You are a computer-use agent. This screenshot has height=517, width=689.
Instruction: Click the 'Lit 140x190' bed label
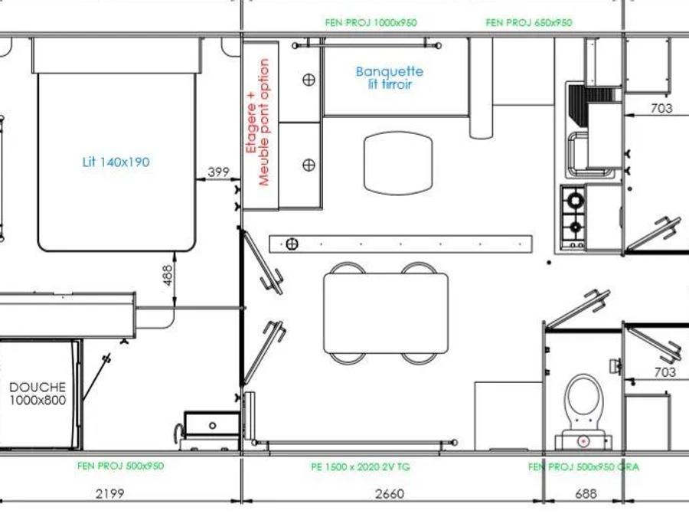point(116,162)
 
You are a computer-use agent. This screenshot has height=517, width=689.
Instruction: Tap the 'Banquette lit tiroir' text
point(390,78)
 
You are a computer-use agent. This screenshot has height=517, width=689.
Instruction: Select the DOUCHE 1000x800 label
point(38,394)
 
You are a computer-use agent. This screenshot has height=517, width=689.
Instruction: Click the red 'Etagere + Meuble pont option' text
point(258,123)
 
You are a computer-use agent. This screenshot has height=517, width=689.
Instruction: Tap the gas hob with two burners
point(573,218)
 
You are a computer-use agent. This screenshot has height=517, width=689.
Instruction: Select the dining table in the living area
point(386,313)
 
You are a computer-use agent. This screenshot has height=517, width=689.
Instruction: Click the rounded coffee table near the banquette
point(398,162)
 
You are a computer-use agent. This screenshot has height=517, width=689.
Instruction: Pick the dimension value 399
point(218,172)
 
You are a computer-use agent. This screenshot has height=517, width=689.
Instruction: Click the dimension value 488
point(168,275)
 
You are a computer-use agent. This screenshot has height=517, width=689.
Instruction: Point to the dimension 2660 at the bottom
point(390,494)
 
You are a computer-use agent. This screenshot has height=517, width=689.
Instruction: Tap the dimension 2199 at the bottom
point(109,494)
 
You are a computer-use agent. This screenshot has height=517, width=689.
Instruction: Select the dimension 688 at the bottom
point(586,494)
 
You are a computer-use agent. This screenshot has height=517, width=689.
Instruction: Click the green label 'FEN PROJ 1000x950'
point(371,22)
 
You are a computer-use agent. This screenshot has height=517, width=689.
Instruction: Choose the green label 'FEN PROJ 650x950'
point(529,22)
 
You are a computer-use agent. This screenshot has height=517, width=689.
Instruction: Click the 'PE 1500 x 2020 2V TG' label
point(361,466)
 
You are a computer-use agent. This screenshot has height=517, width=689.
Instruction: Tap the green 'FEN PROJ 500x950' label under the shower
point(120,466)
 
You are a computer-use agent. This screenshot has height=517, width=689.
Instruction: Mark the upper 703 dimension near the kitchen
point(661,108)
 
